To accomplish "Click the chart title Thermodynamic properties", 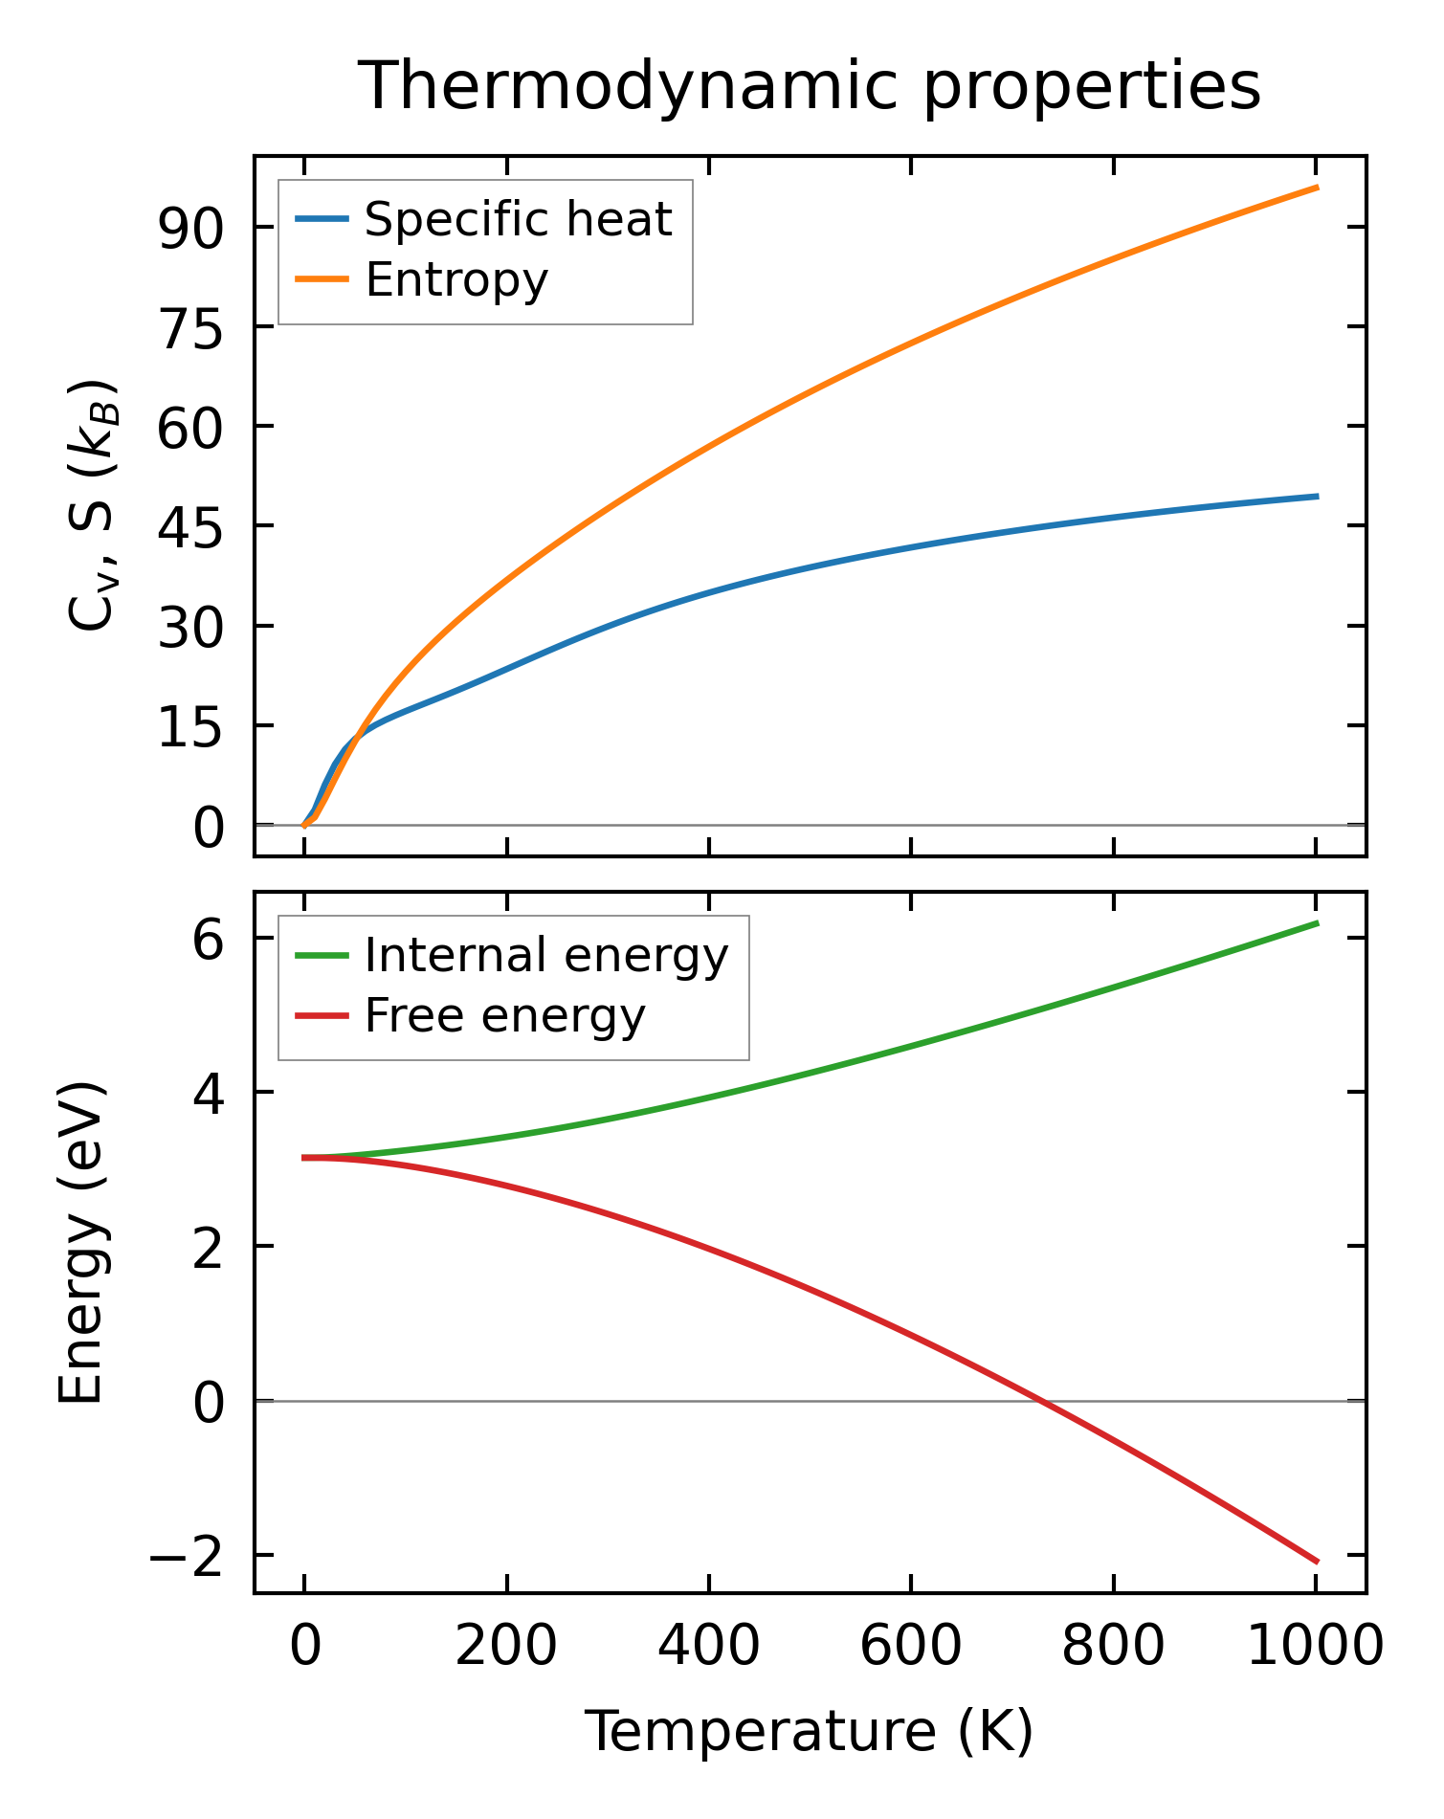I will click(810, 86).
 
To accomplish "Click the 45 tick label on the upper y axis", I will click(190, 526).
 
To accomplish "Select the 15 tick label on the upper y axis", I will click(190, 726).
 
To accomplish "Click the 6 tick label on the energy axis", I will click(208, 940).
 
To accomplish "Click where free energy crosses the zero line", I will click(1042, 1401).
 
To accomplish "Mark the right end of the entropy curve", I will click(1318, 188).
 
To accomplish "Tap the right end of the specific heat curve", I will click(1318, 496).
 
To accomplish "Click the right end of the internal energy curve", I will click(1318, 922).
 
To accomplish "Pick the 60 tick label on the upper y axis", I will click(190, 427).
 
